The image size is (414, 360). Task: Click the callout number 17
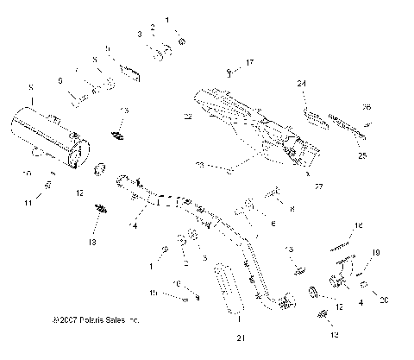250,63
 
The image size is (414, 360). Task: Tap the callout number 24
303,84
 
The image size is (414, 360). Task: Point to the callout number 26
366,108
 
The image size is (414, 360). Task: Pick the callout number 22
188,116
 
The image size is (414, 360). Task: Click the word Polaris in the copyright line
88,319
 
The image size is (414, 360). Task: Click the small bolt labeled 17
229,72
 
